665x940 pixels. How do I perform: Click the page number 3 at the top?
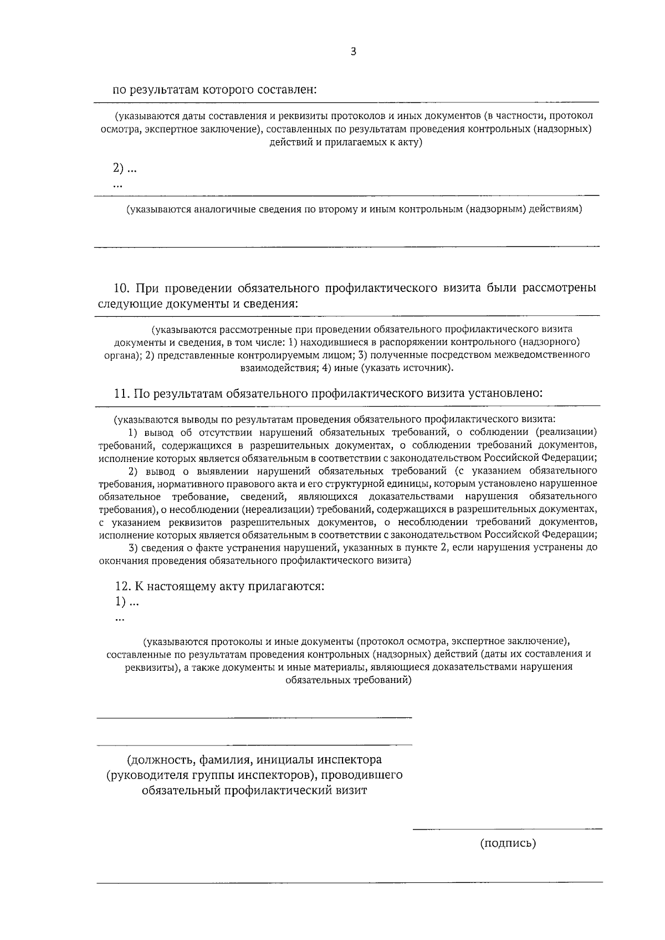pos(354,52)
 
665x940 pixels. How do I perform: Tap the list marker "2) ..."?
pos(125,168)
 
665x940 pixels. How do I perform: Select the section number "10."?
pos(121,288)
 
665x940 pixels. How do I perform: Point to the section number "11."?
pos(121,393)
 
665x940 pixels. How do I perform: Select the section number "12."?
pos(122,586)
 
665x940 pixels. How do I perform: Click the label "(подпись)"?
pos(508,844)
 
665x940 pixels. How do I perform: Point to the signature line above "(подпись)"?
pos(507,829)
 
